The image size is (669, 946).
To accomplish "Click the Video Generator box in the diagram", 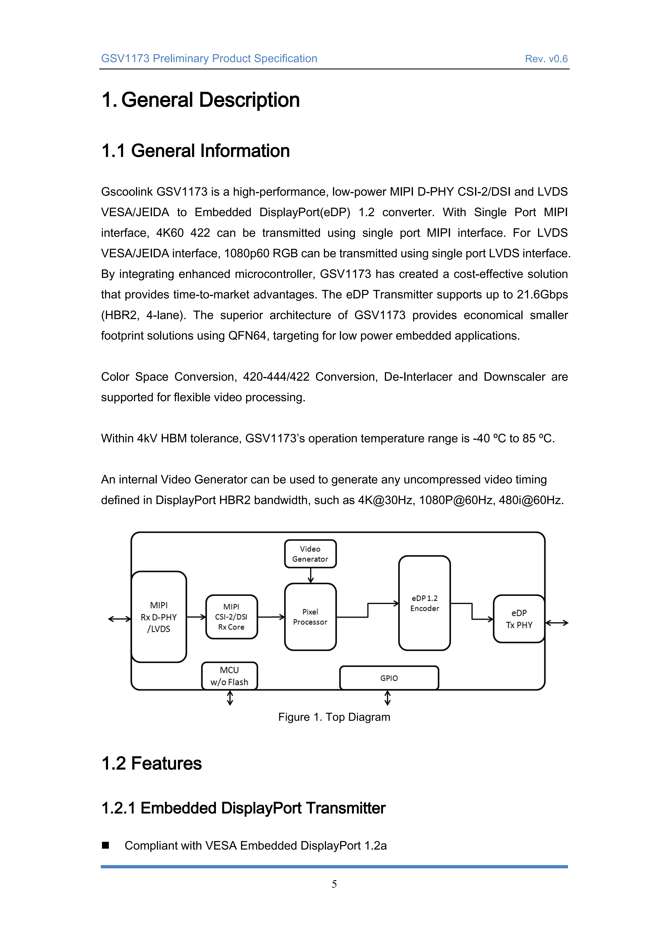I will (x=310, y=554).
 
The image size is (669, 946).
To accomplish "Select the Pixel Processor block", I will (x=310, y=617).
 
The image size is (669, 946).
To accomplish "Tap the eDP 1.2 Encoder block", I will (x=424, y=603).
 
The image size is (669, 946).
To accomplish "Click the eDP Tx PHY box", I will (x=519, y=619).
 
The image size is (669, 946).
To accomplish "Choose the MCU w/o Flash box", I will (x=230, y=676).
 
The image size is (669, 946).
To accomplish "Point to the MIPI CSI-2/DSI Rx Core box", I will (x=231, y=617).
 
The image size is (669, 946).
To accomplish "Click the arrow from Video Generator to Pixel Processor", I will (x=311, y=576).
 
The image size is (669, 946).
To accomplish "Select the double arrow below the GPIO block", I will (x=387, y=698).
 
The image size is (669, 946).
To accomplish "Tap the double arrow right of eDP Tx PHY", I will (x=557, y=623).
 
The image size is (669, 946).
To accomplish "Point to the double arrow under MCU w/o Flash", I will (x=230, y=698).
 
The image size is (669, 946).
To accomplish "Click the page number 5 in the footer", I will (x=334, y=884).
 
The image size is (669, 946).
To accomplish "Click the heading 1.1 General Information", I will (x=196, y=151).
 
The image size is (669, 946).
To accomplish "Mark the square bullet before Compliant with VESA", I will (x=106, y=845).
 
